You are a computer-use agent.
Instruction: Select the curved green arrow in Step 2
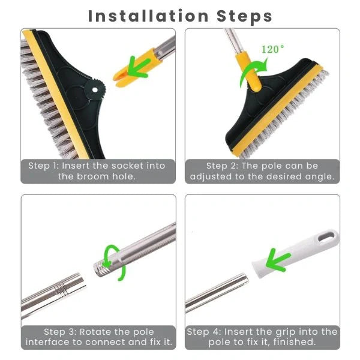(248, 78)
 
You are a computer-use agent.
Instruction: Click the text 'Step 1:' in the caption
(46, 166)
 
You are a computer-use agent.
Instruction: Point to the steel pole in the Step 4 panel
(216, 294)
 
